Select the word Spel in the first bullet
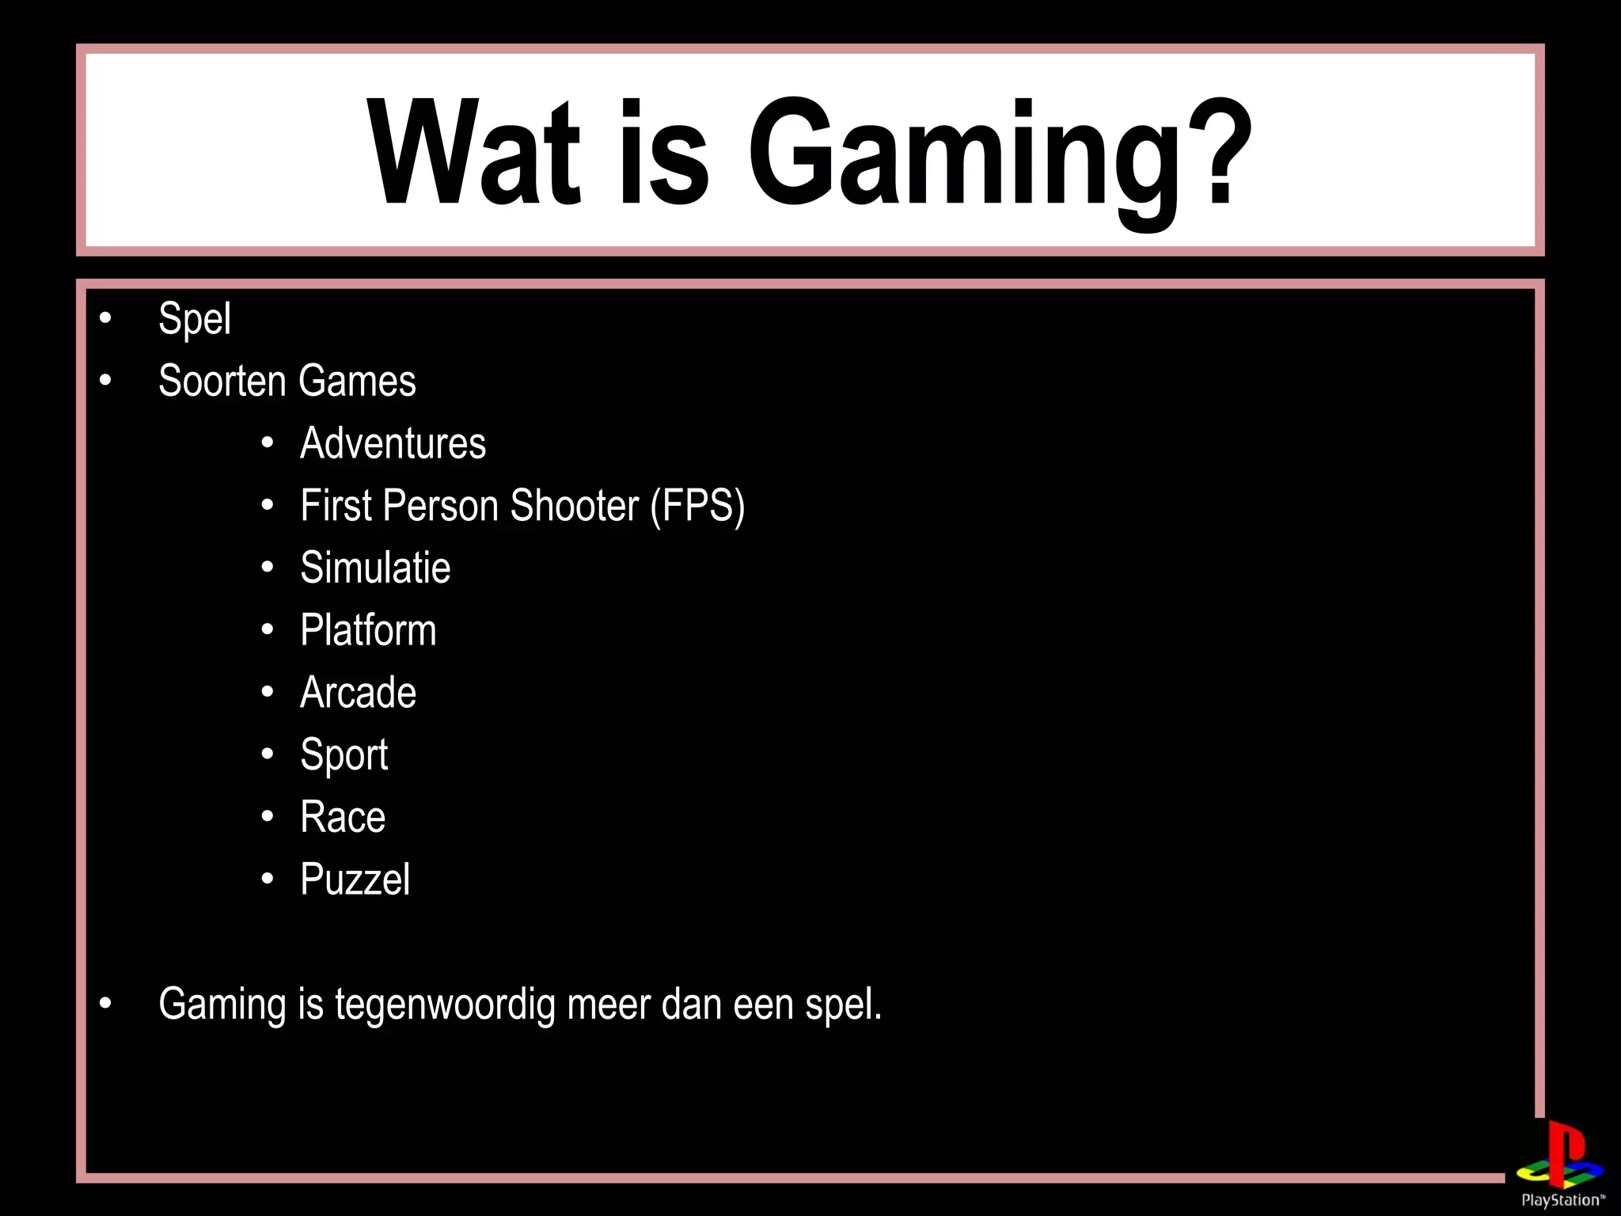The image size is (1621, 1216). click(195, 319)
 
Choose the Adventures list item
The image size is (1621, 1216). click(393, 443)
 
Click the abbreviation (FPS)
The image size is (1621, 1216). click(697, 506)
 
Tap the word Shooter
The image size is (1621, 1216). click(574, 506)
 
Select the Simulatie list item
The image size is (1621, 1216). click(375, 568)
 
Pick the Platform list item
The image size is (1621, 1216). click(368, 630)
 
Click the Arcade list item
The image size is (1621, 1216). click(358, 693)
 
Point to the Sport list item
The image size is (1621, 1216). click(344, 755)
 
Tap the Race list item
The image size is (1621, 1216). click(343, 817)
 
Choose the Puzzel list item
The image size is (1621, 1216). click(355, 880)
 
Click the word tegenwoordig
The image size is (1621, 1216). click(445, 1005)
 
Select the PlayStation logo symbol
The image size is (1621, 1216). click(1559, 1157)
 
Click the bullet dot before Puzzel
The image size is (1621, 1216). click(268, 879)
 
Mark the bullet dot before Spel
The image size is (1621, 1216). click(105, 319)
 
